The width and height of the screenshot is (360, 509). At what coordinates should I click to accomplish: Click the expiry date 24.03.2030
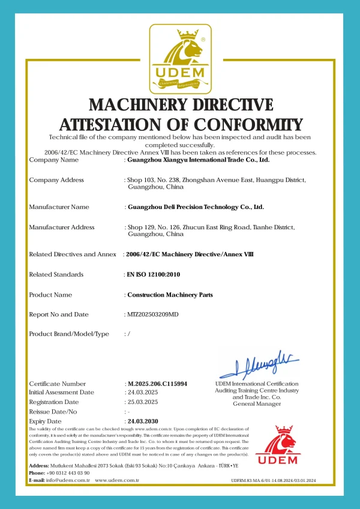click(143, 421)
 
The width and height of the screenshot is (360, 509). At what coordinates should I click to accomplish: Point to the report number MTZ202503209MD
click(153, 315)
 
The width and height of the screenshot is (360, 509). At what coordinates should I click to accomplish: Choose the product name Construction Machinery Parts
click(170, 295)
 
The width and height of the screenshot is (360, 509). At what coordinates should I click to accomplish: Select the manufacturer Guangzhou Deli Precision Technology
click(196, 207)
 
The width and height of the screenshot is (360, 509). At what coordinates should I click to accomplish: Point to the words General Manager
click(257, 404)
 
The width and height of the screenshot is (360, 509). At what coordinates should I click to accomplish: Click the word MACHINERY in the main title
click(137, 105)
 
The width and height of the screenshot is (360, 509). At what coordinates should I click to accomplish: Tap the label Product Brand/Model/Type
click(69, 334)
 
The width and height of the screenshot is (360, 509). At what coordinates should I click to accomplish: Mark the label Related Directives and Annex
click(73, 254)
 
